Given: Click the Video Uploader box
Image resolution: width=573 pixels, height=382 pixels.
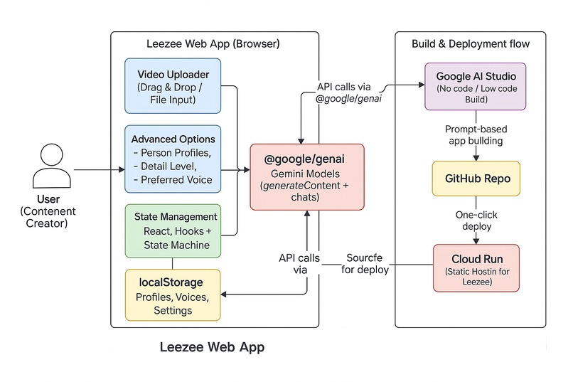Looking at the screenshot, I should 173,85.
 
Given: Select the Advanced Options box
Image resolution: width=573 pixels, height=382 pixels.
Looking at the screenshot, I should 173,159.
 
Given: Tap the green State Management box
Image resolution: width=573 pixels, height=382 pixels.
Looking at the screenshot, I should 173,230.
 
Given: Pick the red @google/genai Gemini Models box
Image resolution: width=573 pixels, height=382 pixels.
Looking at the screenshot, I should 306,176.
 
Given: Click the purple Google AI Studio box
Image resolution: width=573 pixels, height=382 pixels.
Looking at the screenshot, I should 475,85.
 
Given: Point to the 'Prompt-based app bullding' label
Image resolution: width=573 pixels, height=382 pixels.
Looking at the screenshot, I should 475,135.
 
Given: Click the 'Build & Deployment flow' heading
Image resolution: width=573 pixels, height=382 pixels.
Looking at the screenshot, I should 471,44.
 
